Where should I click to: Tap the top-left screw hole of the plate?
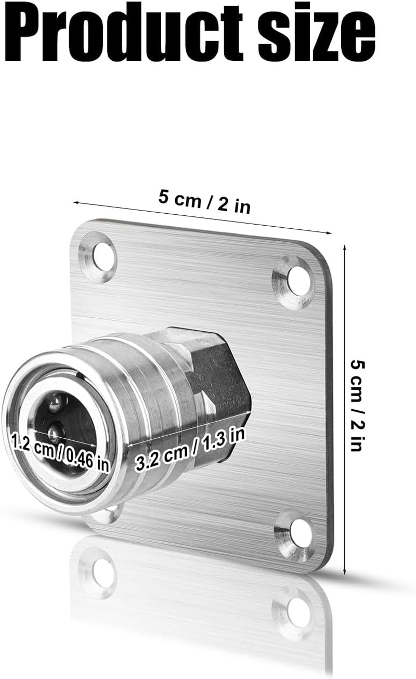point(103,257)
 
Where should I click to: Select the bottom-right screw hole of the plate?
point(300,533)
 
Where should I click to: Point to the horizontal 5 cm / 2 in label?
point(204,201)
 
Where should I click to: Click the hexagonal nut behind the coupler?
point(218,374)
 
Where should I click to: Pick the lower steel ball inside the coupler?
point(54,432)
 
